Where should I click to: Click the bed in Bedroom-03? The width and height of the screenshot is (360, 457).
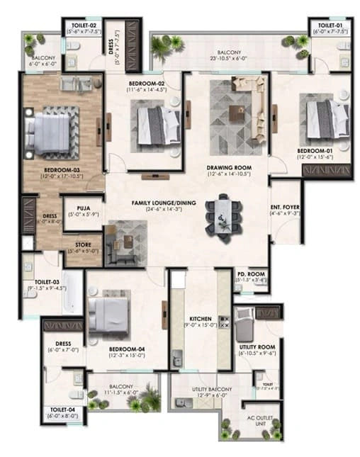tap(50, 129)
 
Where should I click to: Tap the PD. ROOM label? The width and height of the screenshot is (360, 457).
tap(251, 276)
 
